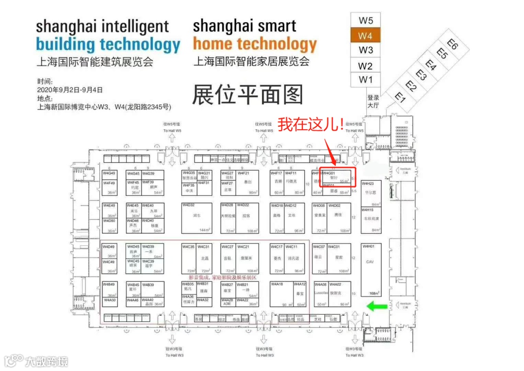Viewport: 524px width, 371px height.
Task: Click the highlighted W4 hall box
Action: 365,35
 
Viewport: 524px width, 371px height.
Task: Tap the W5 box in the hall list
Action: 365,20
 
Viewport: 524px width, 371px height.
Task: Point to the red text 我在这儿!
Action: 311,124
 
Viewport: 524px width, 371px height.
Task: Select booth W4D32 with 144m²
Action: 197,218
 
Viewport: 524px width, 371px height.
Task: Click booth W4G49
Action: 109,174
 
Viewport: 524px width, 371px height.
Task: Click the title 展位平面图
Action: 247,94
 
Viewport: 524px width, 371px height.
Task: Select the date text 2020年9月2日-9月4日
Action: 70,90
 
